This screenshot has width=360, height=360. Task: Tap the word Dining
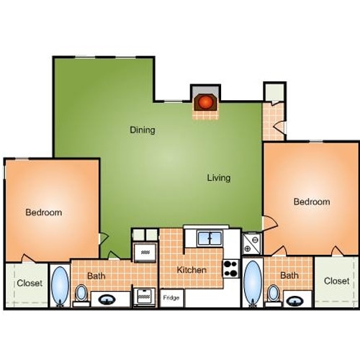click(x=143, y=130)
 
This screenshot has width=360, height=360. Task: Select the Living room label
click(x=219, y=178)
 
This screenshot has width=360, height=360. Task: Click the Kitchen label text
click(x=192, y=270)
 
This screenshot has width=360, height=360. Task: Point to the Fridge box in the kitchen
click(x=171, y=297)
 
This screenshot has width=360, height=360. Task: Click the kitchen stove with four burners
click(x=231, y=269)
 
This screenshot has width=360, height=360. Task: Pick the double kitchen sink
click(x=211, y=238)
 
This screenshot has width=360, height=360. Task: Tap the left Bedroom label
click(x=43, y=212)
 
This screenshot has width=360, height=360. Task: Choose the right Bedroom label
click(x=312, y=202)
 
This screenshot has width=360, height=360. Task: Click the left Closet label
click(x=30, y=284)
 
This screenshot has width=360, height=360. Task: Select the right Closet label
click(x=336, y=281)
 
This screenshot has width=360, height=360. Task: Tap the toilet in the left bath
click(x=81, y=294)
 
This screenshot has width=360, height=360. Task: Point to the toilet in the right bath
click(x=273, y=294)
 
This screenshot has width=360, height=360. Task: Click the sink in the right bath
click(x=297, y=298)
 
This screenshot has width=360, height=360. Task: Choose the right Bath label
click(x=289, y=275)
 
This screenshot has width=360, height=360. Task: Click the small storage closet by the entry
click(x=274, y=93)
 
